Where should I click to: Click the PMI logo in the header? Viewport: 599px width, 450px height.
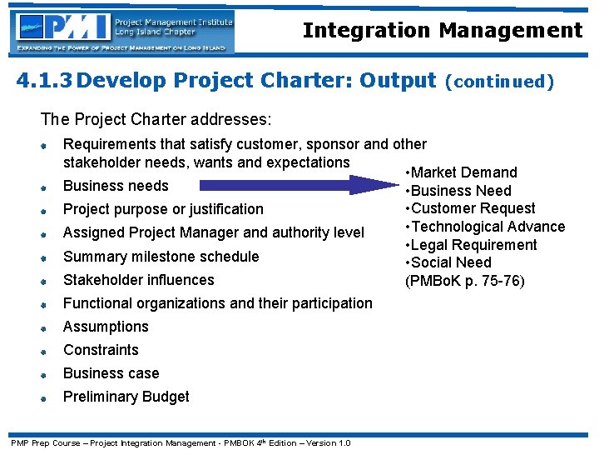click(x=123, y=32)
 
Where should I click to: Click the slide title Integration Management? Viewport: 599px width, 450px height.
click(x=443, y=31)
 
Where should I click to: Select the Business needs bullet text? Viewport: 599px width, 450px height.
click(x=116, y=186)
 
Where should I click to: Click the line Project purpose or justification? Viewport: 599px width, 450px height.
click(x=163, y=209)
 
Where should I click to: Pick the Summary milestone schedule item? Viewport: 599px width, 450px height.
click(x=161, y=257)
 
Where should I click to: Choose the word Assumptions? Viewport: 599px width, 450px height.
click(x=106, y=327)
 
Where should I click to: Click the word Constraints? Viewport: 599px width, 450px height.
click(x=101, y=350)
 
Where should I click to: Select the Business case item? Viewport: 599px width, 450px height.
click(x=111, y=373)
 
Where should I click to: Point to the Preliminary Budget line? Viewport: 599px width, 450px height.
click(x=126, y=397)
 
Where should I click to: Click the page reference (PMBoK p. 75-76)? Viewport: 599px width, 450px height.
click(x=464, y=281)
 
